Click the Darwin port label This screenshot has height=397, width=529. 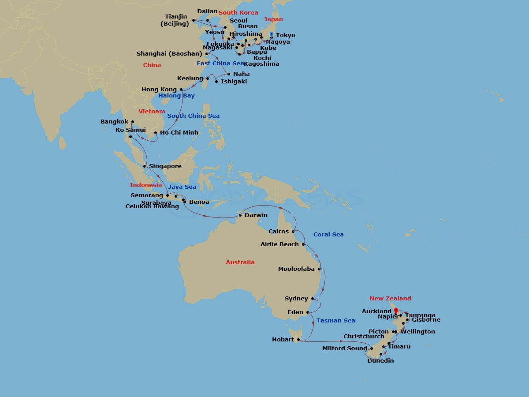click(256, 215)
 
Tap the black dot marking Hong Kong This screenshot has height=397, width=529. click(181, 90)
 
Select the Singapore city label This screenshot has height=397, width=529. click(165, 166)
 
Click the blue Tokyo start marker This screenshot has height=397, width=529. click(271, 35)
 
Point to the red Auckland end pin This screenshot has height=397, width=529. click(396, 311)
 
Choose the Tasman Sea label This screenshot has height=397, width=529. click(335, 321)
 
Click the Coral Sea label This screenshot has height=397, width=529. click(328, 235)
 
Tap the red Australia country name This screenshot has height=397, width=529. click(240, 262)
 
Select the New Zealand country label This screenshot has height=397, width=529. click(390, 299)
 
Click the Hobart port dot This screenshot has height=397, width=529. click(298, 340)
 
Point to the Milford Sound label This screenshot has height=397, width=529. click(345, 348)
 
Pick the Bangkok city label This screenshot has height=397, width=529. click(114, 122)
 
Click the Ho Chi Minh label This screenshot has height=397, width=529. click(179, 133)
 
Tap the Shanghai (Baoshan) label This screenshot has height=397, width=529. click(169, 54)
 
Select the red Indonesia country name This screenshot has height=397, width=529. click(145, 185)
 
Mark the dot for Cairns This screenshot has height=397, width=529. click(293, 231)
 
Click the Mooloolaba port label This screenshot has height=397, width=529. click(296, 269)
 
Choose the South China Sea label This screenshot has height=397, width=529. click(193, 116)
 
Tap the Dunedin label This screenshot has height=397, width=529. click(380, 361)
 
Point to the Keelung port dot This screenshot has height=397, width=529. click(208, 79)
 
